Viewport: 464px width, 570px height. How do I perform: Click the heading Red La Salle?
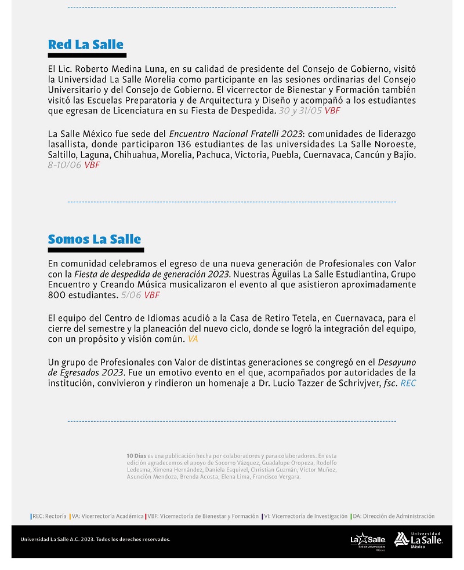click(x=86, y=45)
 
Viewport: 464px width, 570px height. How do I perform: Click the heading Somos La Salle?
click(x=95, y=239)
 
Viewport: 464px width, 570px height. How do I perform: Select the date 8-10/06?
click(x=65, y=165)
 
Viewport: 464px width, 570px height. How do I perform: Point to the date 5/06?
click(x=131, y=295)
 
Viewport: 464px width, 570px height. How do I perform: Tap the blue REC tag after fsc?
click(x=408, y=383)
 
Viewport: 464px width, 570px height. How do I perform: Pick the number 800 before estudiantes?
click(x=57, y=295)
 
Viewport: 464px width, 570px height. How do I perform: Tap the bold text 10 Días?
click(x=136, y=456)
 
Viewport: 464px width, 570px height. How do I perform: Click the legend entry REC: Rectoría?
click(x=49, y=516)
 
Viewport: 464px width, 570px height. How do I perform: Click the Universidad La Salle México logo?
click(x=418, y=540)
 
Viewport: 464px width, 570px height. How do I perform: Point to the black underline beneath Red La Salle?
click(x=87, y=56)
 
